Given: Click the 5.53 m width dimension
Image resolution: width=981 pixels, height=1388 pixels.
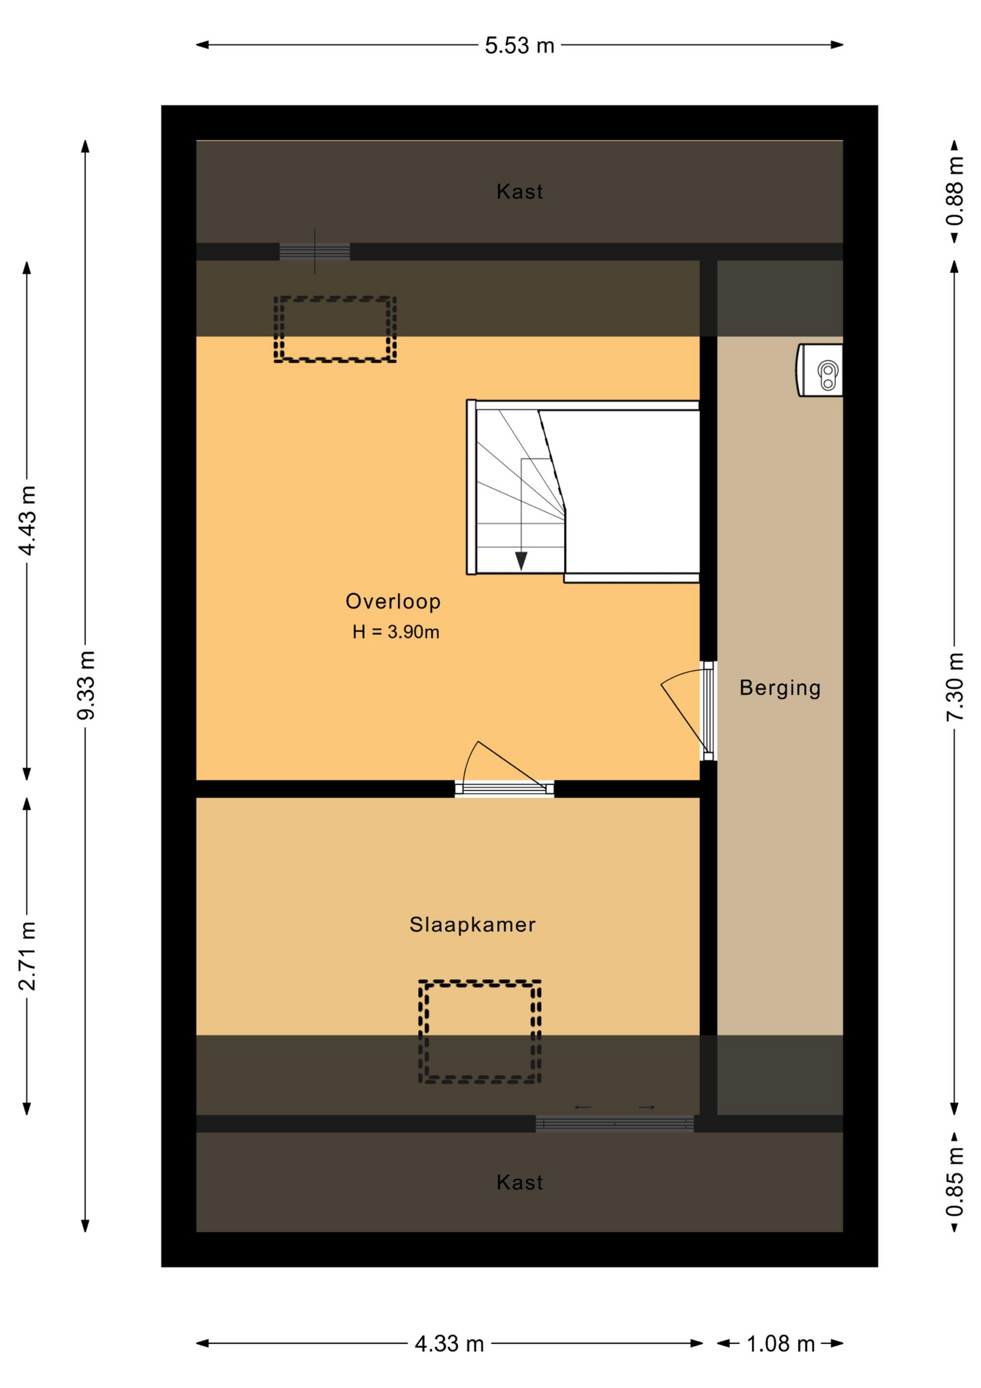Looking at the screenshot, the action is coord(519,46).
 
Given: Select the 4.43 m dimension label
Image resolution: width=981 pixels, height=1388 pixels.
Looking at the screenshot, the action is coord(27,520).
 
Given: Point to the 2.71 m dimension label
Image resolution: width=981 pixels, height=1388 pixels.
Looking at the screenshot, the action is coord(27,956).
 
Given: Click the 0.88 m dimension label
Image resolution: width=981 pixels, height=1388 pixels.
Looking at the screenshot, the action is coord(955,192).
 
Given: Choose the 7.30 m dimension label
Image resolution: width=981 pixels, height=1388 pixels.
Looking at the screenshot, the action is coord(955,687).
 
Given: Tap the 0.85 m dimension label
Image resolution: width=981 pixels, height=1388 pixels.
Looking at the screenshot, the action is coord(955,1183).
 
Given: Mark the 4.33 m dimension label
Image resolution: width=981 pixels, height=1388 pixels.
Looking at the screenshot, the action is coord(449,1344).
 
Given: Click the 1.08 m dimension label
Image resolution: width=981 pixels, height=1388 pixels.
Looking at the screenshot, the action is coord(780,1344).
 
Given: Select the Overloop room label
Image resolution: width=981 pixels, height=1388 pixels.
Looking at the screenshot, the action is coord(393,601).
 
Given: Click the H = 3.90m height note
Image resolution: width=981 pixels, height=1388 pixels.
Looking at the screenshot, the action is coord(396,632).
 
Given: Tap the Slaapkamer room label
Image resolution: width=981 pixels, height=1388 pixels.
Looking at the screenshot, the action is coord(472,925).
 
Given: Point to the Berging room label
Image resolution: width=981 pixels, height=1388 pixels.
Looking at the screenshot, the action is coord(780,687).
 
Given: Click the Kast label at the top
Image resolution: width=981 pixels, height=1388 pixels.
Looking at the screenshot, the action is coord(519,192).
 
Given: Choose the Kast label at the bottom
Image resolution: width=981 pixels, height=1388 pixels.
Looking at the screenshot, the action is coord(519,1183).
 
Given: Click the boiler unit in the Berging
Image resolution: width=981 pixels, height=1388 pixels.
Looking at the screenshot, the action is coord(820,370).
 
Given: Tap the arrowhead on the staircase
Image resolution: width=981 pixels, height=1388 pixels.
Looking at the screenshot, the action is coord(521,561).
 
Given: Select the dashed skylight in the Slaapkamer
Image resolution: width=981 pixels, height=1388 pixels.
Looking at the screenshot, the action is coord(480,1032).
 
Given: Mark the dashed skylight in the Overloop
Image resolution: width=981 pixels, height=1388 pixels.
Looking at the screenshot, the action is coord(335,329).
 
